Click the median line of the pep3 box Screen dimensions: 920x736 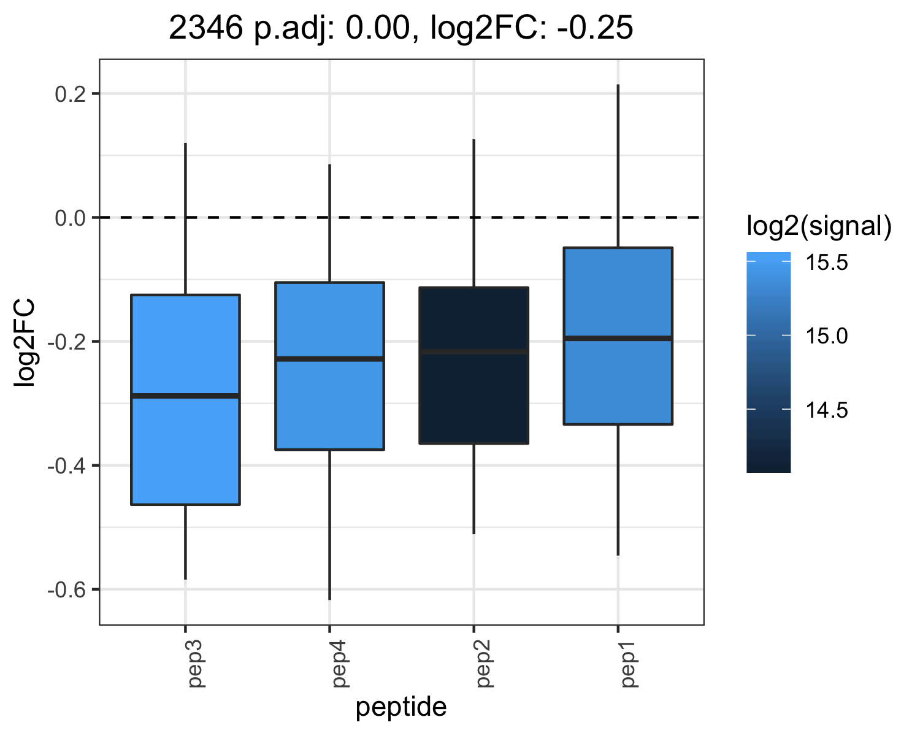click(x=186, y=396)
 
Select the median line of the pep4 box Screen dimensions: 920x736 click(x=329, y=359)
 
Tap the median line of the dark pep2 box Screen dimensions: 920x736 click(x=473, y=351)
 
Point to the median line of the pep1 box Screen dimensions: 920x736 click(x=618, y=339)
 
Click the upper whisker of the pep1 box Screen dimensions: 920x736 click(x=618, y=166)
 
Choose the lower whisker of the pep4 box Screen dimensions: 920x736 click(x=329, y=525)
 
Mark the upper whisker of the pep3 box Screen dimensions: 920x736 click(x=186, y=218)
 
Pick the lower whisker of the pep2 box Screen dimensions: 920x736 click(x=473, y=489)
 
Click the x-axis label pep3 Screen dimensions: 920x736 click(x=196, y=664)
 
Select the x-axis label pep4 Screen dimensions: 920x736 click(x=340, y=664)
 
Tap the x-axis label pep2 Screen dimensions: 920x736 click(x=485, y=664)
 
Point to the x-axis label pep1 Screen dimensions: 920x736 click(x=629, y=664)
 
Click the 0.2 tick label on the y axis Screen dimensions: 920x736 click(x=71, y=94)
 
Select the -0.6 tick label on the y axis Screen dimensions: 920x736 click(x=67, y=590)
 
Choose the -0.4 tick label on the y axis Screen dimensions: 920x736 click(x=67, y=466)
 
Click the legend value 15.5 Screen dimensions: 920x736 click(x=826, y=262)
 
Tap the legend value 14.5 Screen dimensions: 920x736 click(x=826, y=410)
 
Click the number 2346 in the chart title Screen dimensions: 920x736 click(x=206, y=28)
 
